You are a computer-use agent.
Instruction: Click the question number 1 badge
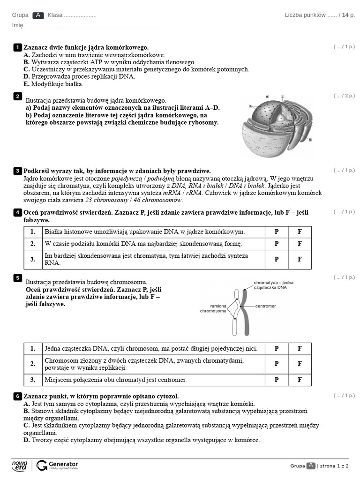click(17, 47)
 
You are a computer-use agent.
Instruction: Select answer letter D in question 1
click(27, 76)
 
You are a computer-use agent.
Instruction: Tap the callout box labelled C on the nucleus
click(282, 97)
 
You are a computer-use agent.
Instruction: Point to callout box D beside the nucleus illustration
click(310, 140)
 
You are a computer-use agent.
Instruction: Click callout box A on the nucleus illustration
click(251, 106)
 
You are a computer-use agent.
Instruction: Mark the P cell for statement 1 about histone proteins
click(277, 232)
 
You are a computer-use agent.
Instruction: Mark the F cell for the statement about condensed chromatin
click(300, 259)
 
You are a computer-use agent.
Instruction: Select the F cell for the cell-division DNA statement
click(300, 244)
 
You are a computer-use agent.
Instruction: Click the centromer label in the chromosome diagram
click(265, 306)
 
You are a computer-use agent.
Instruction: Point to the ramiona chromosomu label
click(213, 308)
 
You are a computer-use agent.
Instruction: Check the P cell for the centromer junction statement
click(277, 380)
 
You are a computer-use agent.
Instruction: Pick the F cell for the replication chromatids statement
click(300, 364)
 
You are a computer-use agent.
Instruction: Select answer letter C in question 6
click(27, 425)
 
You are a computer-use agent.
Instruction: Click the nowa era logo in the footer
click(20, 465)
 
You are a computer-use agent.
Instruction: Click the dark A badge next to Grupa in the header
click(38, 15)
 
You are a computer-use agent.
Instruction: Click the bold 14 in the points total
click(345, 15)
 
